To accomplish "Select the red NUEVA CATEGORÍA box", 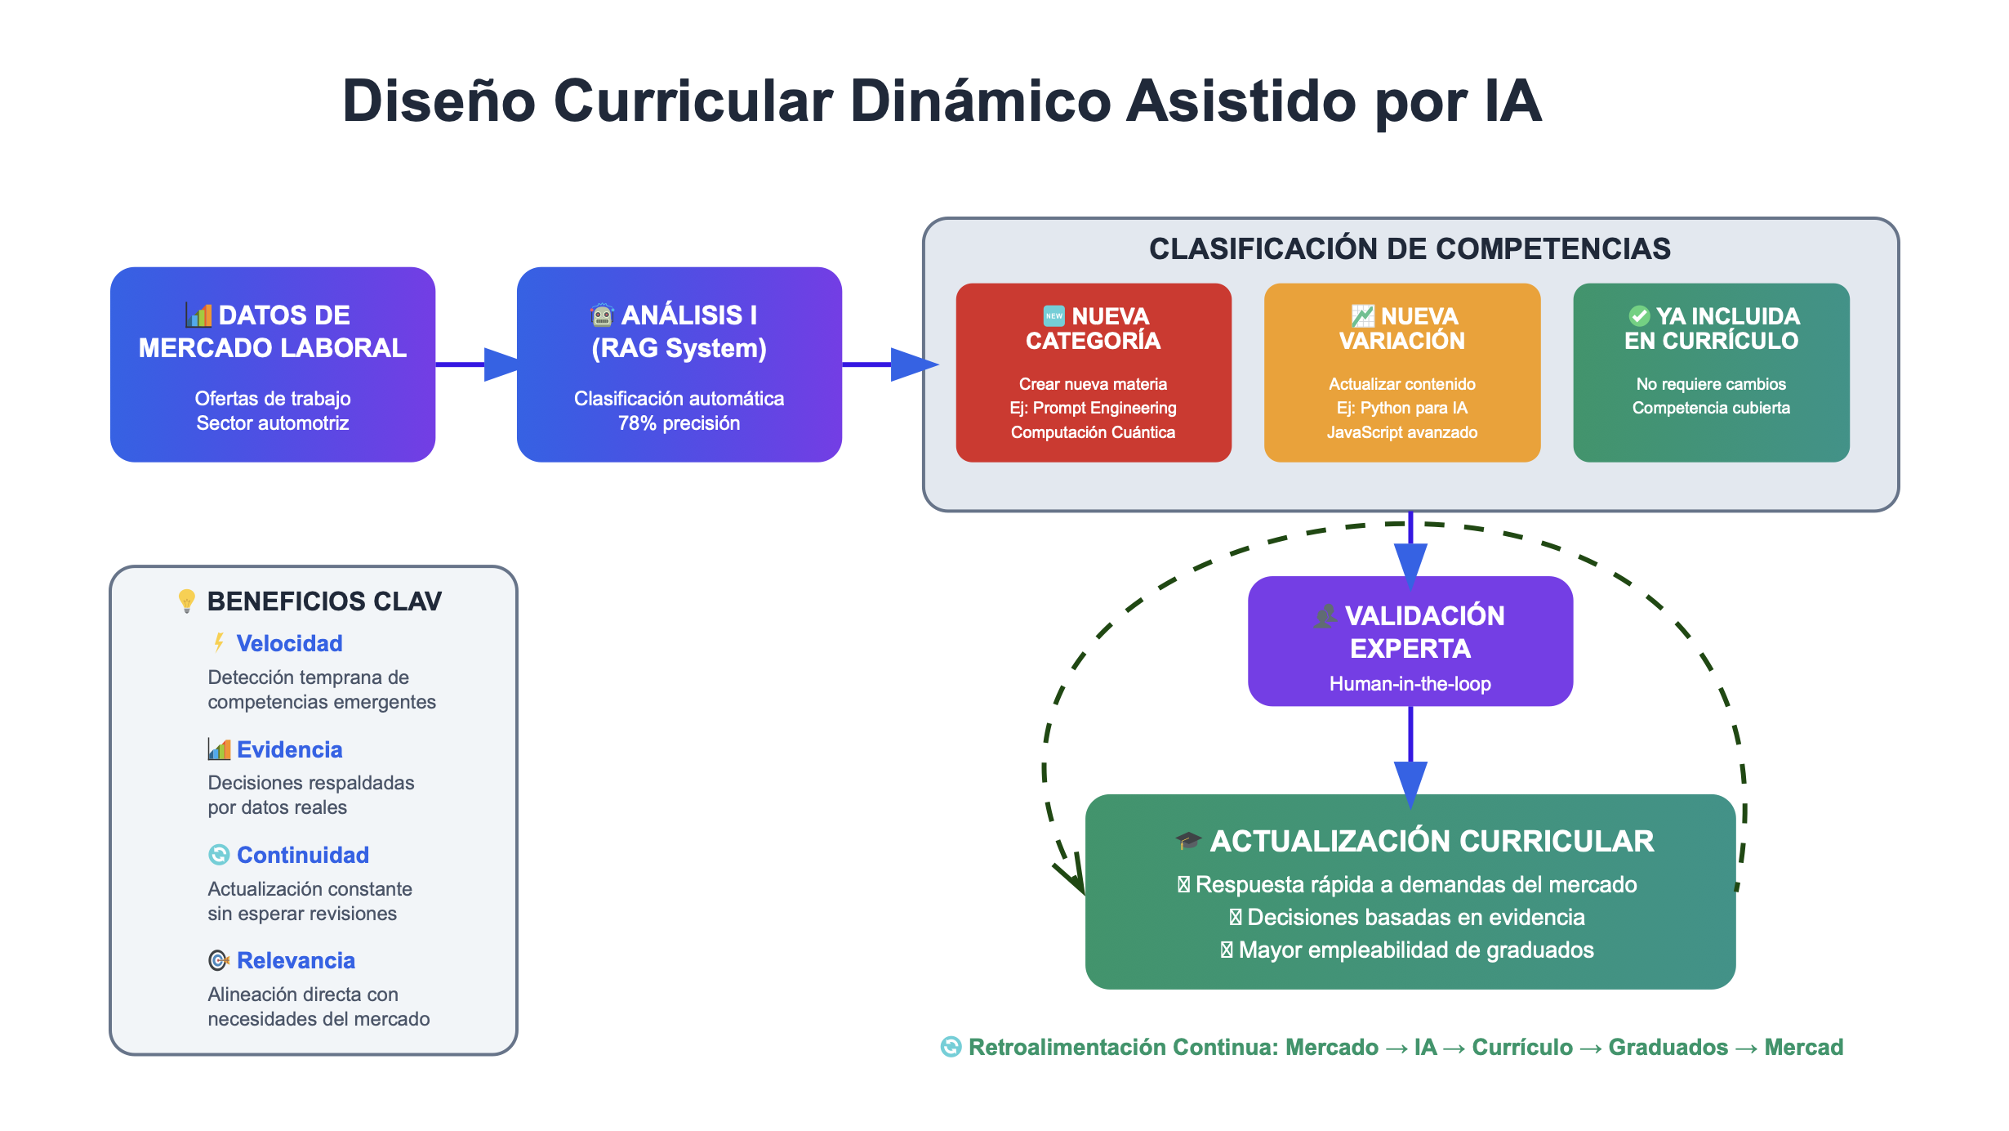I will click(1093, 372).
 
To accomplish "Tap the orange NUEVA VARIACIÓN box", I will click(1401, 372).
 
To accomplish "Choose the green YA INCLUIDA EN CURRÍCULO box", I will click(1711, 372).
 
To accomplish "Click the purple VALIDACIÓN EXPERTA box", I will click(1410, 641).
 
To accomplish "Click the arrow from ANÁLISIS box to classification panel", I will click(890, 364).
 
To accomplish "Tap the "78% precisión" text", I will click(679, 423).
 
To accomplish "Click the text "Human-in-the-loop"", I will click(1410, 684).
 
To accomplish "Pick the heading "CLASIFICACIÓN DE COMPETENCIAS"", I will click(1410, 248).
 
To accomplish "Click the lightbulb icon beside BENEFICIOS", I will click(186, 601).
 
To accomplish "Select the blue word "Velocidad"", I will click(289, 644).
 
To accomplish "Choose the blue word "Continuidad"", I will click(302, 855).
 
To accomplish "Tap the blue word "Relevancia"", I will click(296, 960).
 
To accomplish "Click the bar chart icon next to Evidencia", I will click(219, 749).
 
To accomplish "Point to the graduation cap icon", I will click(1187, 840).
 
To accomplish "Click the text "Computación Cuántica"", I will click(1093, 432).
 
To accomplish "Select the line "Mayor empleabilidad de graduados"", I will click(1415, 950).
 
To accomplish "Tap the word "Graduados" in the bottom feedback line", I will click(1668, 1047).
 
